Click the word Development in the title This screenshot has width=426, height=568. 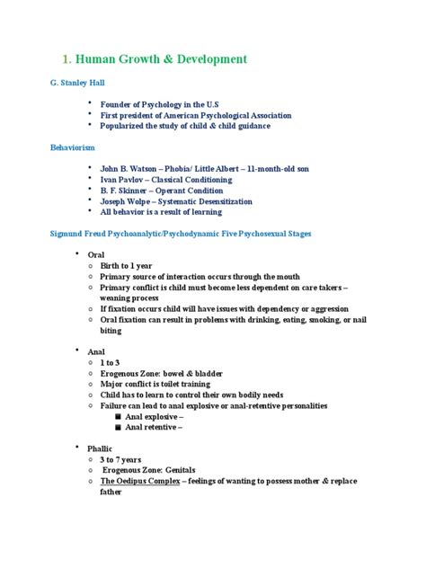(202, 59)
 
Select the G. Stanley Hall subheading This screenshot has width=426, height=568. (77, 82)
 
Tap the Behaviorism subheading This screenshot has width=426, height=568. (73, 146)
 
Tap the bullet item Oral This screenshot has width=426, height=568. (96, 255)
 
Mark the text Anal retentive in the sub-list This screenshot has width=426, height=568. (154, 428)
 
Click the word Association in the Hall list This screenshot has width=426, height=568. (268, 114)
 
